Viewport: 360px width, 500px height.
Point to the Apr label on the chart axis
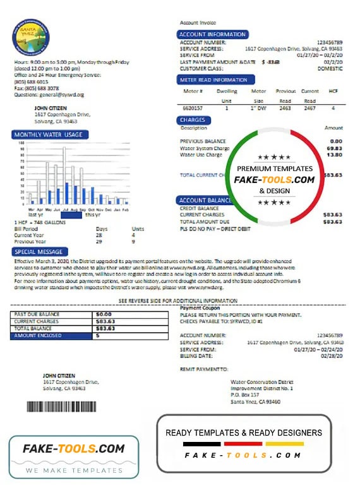click(x=40, y=209)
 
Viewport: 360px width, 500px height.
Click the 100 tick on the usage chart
click(x=22, y=143)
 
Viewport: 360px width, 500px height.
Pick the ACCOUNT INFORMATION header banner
click(x=212, y=34)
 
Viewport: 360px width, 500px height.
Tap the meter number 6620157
click(x=193, y=109)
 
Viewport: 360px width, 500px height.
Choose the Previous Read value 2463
click(x=285, y=109)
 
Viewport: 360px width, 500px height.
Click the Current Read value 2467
click(x=309, y=109)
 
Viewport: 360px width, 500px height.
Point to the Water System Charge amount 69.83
click(x=335, y=148)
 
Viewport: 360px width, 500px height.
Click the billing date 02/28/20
click(x=332, y=355)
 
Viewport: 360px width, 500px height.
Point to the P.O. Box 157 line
click(x=245, y=395)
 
